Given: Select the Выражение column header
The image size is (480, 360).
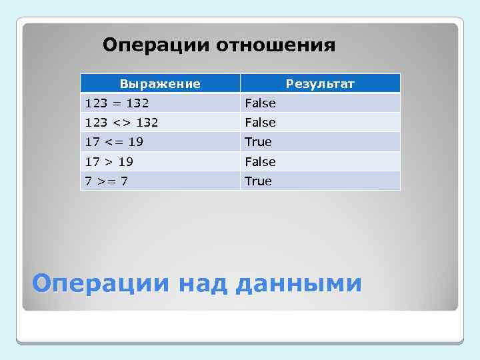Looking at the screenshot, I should (x=160, y=83).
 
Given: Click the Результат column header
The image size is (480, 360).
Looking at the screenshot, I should (x=320, y=83).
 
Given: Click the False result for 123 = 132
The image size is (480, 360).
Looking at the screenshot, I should (x=260, y=103).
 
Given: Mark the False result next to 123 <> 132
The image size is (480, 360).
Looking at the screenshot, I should (x=260, y=122).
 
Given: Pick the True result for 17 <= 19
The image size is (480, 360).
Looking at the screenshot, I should (x=258, y=141).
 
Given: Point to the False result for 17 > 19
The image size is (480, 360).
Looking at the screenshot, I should (x=260, y=161).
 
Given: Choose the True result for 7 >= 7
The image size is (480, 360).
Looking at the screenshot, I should (x=258, y=181).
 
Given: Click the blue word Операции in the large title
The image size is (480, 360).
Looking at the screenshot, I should (x=103, y=283).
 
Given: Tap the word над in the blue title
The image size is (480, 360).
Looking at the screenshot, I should (x=203, y=283).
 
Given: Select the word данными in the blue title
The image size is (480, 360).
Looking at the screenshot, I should (x=299, y=283).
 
